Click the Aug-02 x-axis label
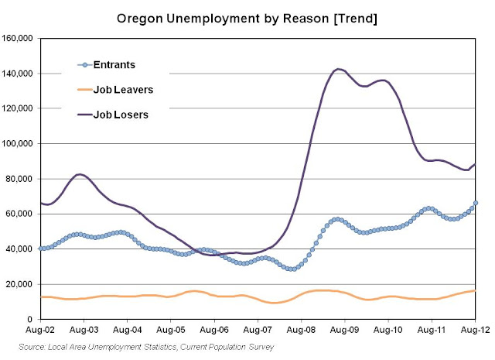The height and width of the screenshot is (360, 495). (x=40, y=330)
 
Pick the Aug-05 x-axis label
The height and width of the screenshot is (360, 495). (x=171, y=330)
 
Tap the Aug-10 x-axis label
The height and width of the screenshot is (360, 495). (x=389, y=330)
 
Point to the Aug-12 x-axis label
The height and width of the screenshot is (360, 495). (x=476, y=330)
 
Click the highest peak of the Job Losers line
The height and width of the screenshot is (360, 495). (x=338, y=70)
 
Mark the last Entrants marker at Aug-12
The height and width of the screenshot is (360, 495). (x=476, y=203)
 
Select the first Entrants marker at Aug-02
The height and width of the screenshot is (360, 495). (x=40, y=249)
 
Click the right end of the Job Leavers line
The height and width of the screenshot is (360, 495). (x=476, y=290)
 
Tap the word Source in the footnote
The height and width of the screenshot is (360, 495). (x=33, y=346)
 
